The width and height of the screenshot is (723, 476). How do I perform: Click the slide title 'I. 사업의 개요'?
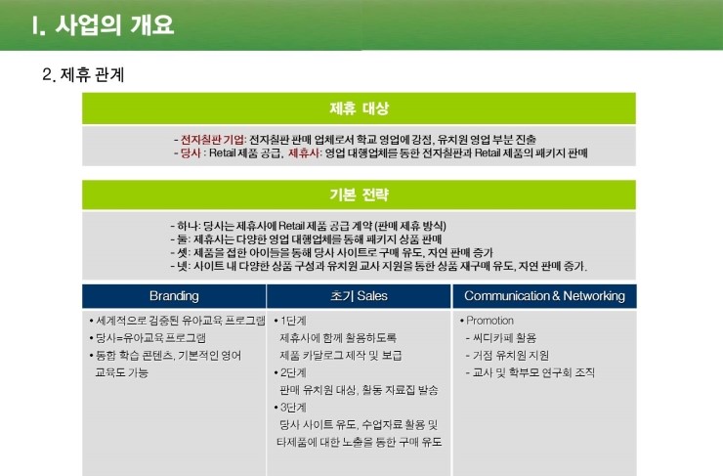pyautogui.click(x=103, y=24)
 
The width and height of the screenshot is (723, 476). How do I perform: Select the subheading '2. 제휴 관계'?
pyautogui.click(x=83, y=74)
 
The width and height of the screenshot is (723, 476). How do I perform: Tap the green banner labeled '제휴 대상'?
pyautogui.click(x=359, y=108)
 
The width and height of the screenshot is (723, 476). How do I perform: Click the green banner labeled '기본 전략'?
pyautogui.click(x=359, y=195)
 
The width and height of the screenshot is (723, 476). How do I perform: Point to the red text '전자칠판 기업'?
pyautogui.click(x=212, y=140)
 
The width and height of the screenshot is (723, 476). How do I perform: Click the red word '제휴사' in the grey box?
pyautogui.click(x=304, y=152)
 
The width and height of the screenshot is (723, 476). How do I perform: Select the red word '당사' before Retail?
pyautogui.click(x=190, y=152)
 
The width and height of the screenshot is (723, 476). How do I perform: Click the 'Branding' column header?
pyautogui.click(x=174, y=296)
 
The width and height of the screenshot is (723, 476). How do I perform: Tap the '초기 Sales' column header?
pyautogui.click(x=359, y=296)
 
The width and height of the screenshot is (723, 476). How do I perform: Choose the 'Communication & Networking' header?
pyautogui.click(x=544, y=296)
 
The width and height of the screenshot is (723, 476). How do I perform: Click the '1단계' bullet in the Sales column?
pyautogui.click(x=290, y=321)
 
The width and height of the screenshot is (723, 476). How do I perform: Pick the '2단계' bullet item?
pyautogui.click(x=290, y=372)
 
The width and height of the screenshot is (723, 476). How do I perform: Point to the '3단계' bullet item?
pyautogui.click(x=290, y=408)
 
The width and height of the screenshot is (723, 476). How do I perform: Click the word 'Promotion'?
pyautogui.click(x=489, y=321)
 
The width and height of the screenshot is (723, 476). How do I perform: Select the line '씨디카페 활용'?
pyautogui.click(x=501, y=338)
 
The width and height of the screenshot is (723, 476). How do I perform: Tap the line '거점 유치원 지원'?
pyautogui.click(x=507, y=355)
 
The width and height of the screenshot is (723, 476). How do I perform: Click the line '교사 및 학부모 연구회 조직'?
pyautogui.click(x=531, y=372)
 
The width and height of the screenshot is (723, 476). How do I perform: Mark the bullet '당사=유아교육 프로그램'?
pyautogui.click(x=148, y=338)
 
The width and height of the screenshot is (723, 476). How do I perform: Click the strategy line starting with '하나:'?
pyautogui.click(x=308, y=226)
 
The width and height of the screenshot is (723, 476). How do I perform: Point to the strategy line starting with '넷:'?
pyautogui.click(x=378, y=266)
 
